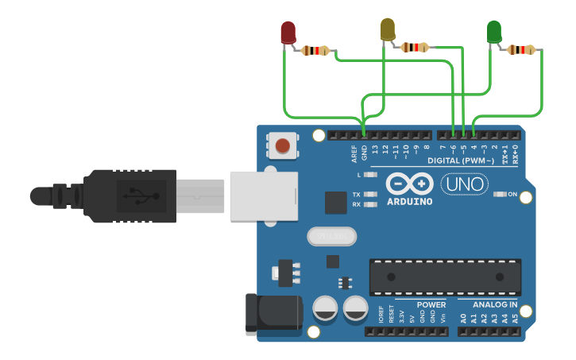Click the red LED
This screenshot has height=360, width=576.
click(288, 32)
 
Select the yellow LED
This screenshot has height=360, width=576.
click(388, 29)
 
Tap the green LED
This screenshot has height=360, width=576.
click(493, 32)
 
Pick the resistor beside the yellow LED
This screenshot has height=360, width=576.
click(416, 47)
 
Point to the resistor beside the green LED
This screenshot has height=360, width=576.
click(520, 49)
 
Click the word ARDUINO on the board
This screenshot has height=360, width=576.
click(410, 201)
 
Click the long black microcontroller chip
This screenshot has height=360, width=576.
click(445, 277)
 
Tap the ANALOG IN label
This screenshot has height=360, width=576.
click(494, 304)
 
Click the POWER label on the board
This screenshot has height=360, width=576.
click(431, 304)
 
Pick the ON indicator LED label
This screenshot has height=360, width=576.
click(512, 194)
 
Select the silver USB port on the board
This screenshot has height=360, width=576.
click(263, 195)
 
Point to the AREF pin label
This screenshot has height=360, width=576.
click(354, 153)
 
